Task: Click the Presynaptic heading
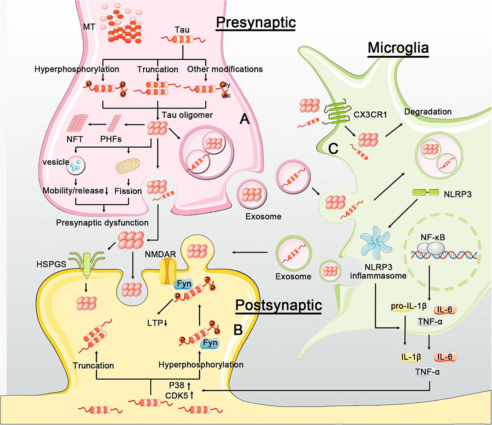pos(256,23)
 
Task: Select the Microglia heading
pos(398,48)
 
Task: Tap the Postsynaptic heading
pos(279,306)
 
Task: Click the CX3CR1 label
pos(370,115)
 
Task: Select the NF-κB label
pos(432,237)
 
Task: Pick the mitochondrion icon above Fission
pos(128,166)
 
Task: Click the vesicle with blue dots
pos(76,165)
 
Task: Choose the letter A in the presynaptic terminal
pos(244,119)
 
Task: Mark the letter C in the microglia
pos(333,149)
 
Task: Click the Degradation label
pos(428,112)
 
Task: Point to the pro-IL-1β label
pos(409,306)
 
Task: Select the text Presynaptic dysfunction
pos(102,223)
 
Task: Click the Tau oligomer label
pos(187,115)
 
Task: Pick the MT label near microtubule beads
pos(89,27)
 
